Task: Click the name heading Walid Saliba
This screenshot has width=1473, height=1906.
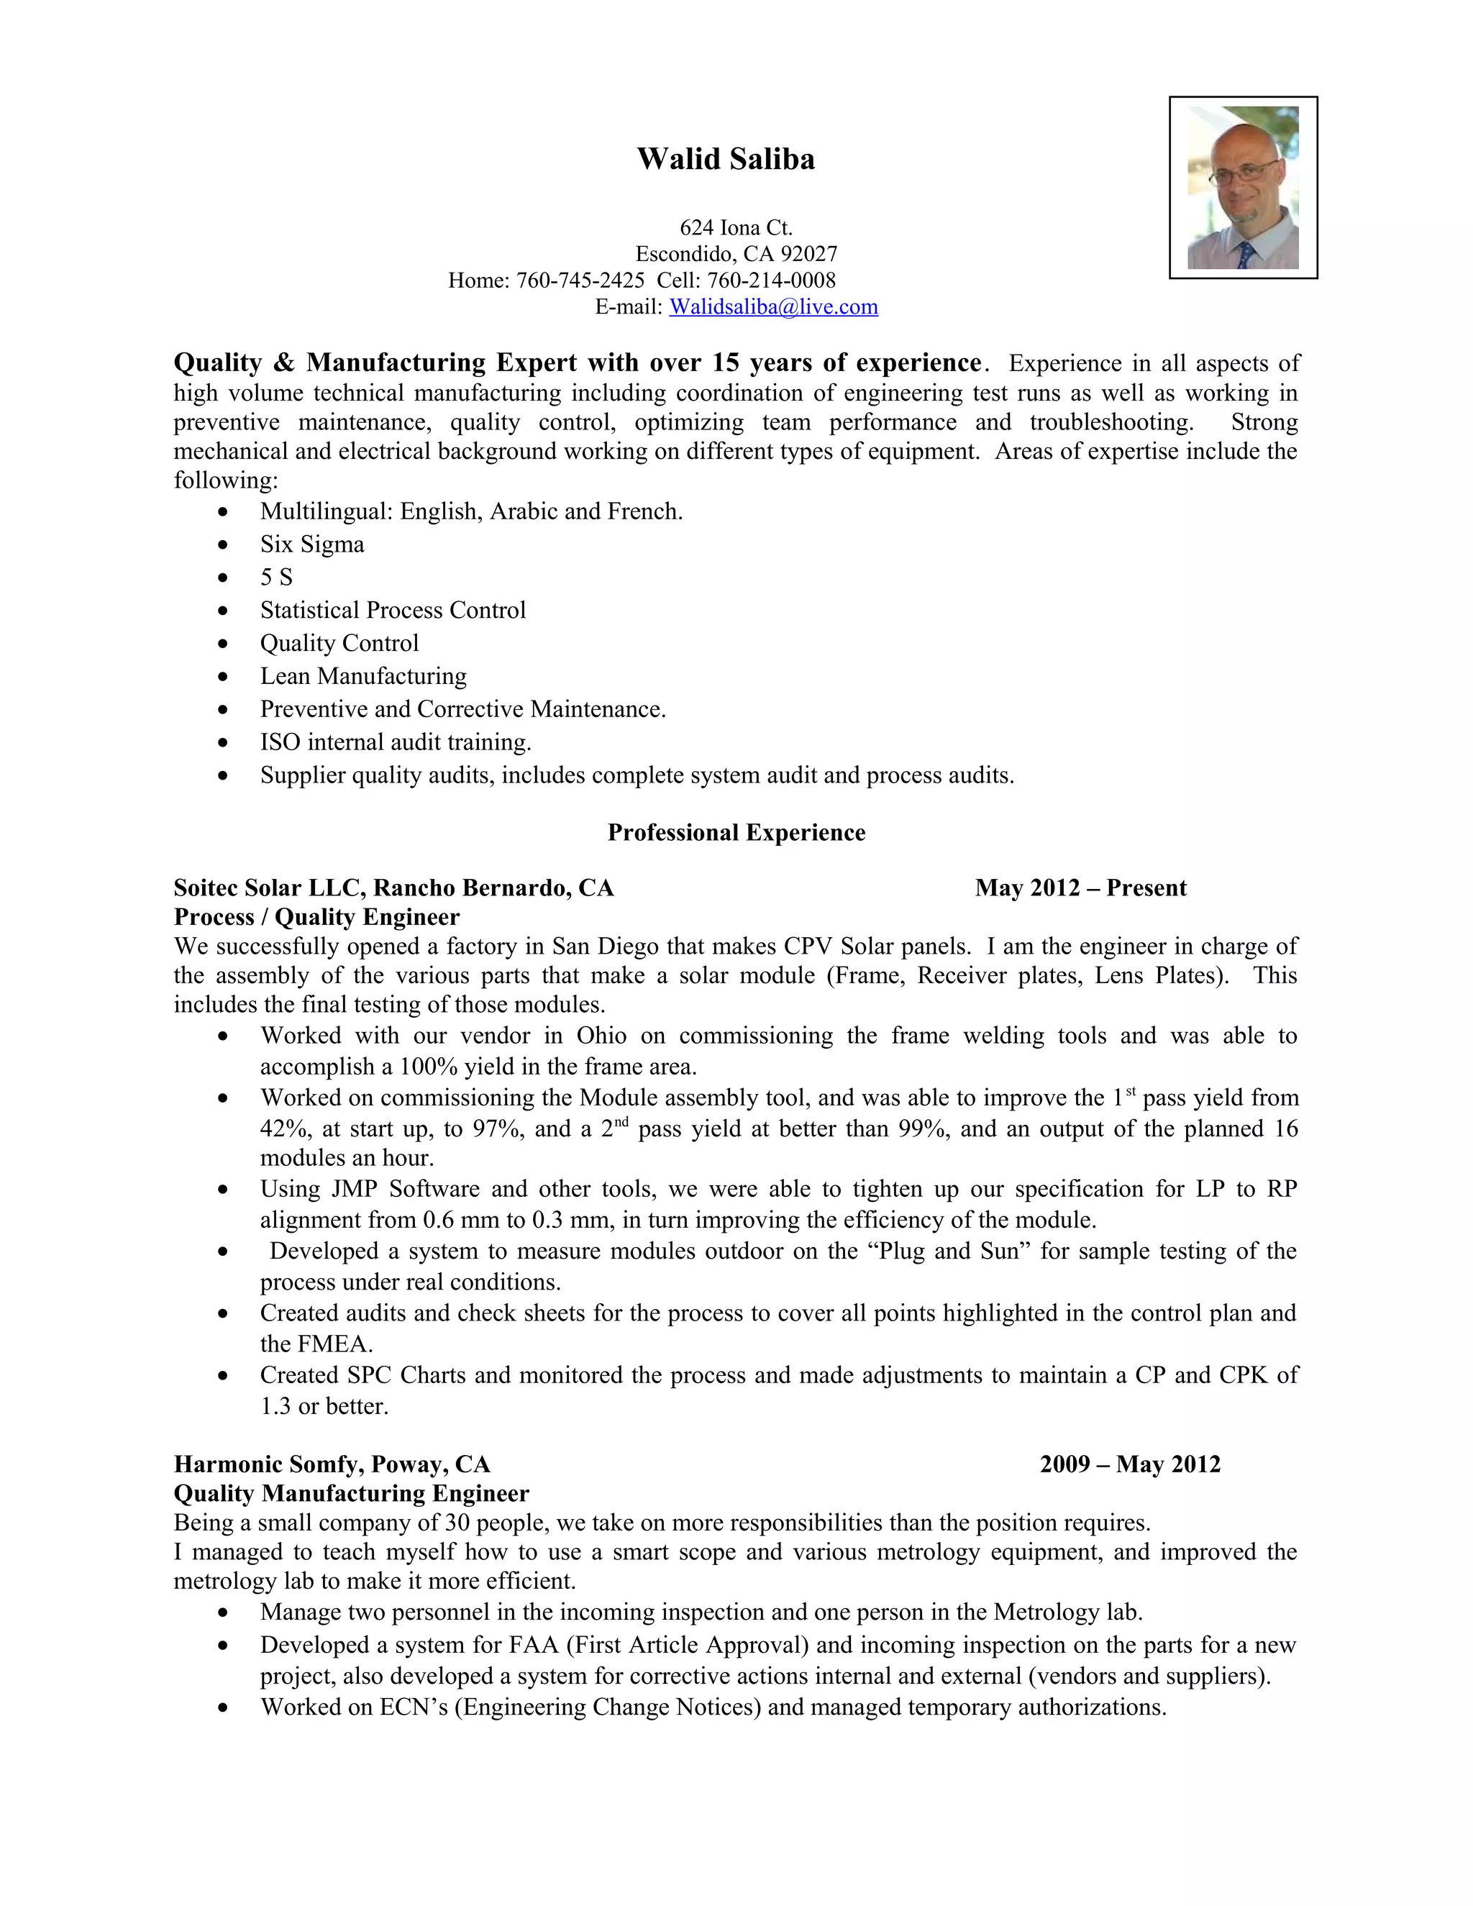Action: pos(725,159)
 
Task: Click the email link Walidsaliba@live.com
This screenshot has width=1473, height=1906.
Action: pos(773,306)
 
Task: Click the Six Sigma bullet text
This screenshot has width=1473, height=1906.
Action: pos(311,544)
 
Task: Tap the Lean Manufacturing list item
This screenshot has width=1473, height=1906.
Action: pos(363,675)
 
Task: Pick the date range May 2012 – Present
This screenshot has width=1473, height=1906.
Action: pos(1080,888)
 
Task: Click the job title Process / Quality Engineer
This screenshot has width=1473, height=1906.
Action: pos(316,916)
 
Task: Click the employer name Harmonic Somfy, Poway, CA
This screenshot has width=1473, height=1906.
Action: pos(332,1464)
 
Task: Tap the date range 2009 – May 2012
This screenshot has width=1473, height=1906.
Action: pos(1129,1464)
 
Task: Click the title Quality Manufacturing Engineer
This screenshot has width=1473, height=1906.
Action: pos(351,1493)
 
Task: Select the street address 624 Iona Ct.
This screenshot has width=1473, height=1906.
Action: pos(736,228)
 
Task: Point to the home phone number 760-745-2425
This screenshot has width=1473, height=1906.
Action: pos(580,280)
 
